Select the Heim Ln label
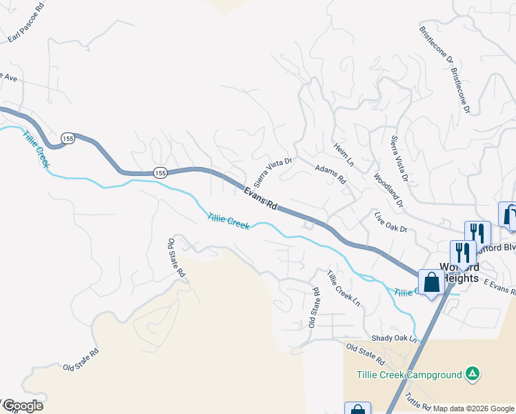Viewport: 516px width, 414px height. pos(343,155)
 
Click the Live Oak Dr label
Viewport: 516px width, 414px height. pos(391,222)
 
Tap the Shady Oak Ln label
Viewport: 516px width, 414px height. pos(395,339)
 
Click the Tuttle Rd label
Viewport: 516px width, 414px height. pos(418,401)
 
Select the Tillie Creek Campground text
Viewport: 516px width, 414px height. pos(409,375)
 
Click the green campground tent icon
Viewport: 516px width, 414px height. pos(472,375)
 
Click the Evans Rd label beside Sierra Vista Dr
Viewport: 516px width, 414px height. pos(261,197)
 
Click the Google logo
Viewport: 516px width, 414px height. pos(22,406)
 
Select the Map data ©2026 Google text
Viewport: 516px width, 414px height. pos(474,408)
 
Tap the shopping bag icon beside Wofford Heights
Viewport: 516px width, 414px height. pos(431,282)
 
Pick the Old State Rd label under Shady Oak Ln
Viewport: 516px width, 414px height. pos(365,354)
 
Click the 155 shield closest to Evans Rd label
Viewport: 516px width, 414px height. pos(160,172)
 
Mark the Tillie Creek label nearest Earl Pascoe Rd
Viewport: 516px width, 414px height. pos(35,149)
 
